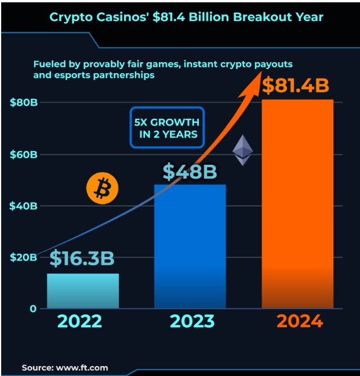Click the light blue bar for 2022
point(82,291)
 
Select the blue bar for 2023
point(190,247)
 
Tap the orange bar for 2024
point(297,203)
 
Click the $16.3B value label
point(82,259)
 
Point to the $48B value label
point(190,171)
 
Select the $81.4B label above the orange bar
point(296,85)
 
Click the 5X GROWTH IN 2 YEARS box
point(167,128)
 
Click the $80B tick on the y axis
point(24,103)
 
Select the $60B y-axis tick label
point(24,155)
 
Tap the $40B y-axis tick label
point(24,206)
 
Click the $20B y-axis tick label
point(24,257)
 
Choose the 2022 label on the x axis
point(81,321)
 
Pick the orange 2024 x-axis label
point(299,321)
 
